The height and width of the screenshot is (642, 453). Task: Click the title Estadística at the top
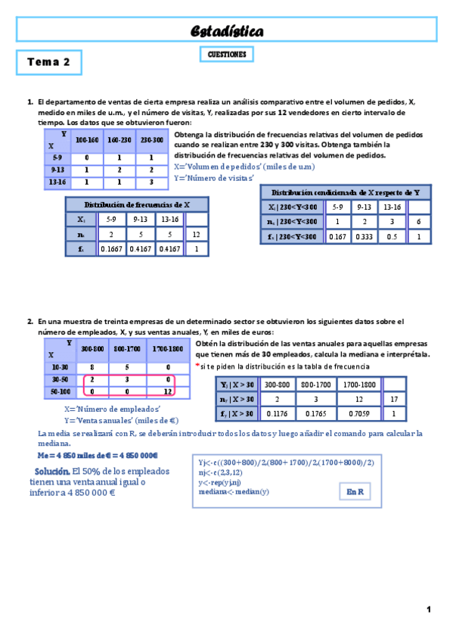tap(226, 31)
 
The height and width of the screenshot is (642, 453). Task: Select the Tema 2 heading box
tap(48, 62)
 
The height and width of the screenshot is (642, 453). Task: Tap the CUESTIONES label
tap(227, 55)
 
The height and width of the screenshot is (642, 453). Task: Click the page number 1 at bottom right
tap(428, 609)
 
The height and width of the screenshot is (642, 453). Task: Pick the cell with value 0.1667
tap(112, 248)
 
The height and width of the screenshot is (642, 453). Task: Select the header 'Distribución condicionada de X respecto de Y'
tap(346, 192)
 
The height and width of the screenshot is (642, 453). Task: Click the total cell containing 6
tap(418, 221)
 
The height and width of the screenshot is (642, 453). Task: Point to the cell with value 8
tap(92, 366)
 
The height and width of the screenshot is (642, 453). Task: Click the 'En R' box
tap(355, 491)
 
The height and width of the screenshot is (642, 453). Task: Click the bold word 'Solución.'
tap(51, 471)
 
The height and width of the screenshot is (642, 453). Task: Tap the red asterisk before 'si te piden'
tap(197, 365)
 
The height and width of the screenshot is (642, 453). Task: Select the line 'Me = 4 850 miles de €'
tap(98, 456)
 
